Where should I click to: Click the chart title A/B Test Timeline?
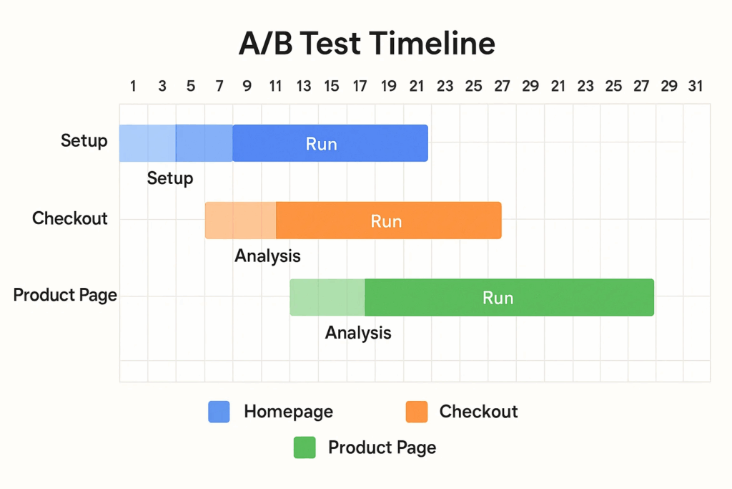pyautogui.click(x=367, y=44)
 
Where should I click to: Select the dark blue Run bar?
pyautogui.click(x=330, y=143)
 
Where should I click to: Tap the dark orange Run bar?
pyautogui.click(x=388, y=221)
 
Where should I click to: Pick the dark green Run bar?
pyautogui.click(x=509, y=297)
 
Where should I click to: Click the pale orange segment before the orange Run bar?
pyautogui.click(x=240, y=221)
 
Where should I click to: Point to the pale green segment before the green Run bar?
pyautogui.click(x=327, y=297)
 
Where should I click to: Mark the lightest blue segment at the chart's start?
pyautogui.click(x=147, y=143)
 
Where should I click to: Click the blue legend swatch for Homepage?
pyautogui.click(x=219, y=412)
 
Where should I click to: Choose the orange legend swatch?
pyautogui.click(x=417, y=412)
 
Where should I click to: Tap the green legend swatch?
pyautogui.click(x=305, y=447)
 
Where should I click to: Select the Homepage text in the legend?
pyautogui.click(x=289, y=412)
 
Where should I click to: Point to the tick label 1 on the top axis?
pyautogui.click(x=133, y=86)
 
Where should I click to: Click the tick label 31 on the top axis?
pyautogui.click(x=696, y=86)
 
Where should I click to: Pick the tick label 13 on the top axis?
pyautogui.click(x=303, y=86)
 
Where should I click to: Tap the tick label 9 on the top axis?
pyautogui.click(x=247, y=86)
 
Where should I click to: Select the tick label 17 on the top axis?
pyautogui.click(x=360, y=86)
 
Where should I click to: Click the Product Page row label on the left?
pyautogui.click(x=65, y=296)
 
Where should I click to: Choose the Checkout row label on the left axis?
pyautogui.click(x=69, y=218)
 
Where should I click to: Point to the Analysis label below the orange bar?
pyautogui.click(x=267, y=256)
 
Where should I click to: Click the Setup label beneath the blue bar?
pyautogui.click(x=170, y=178)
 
